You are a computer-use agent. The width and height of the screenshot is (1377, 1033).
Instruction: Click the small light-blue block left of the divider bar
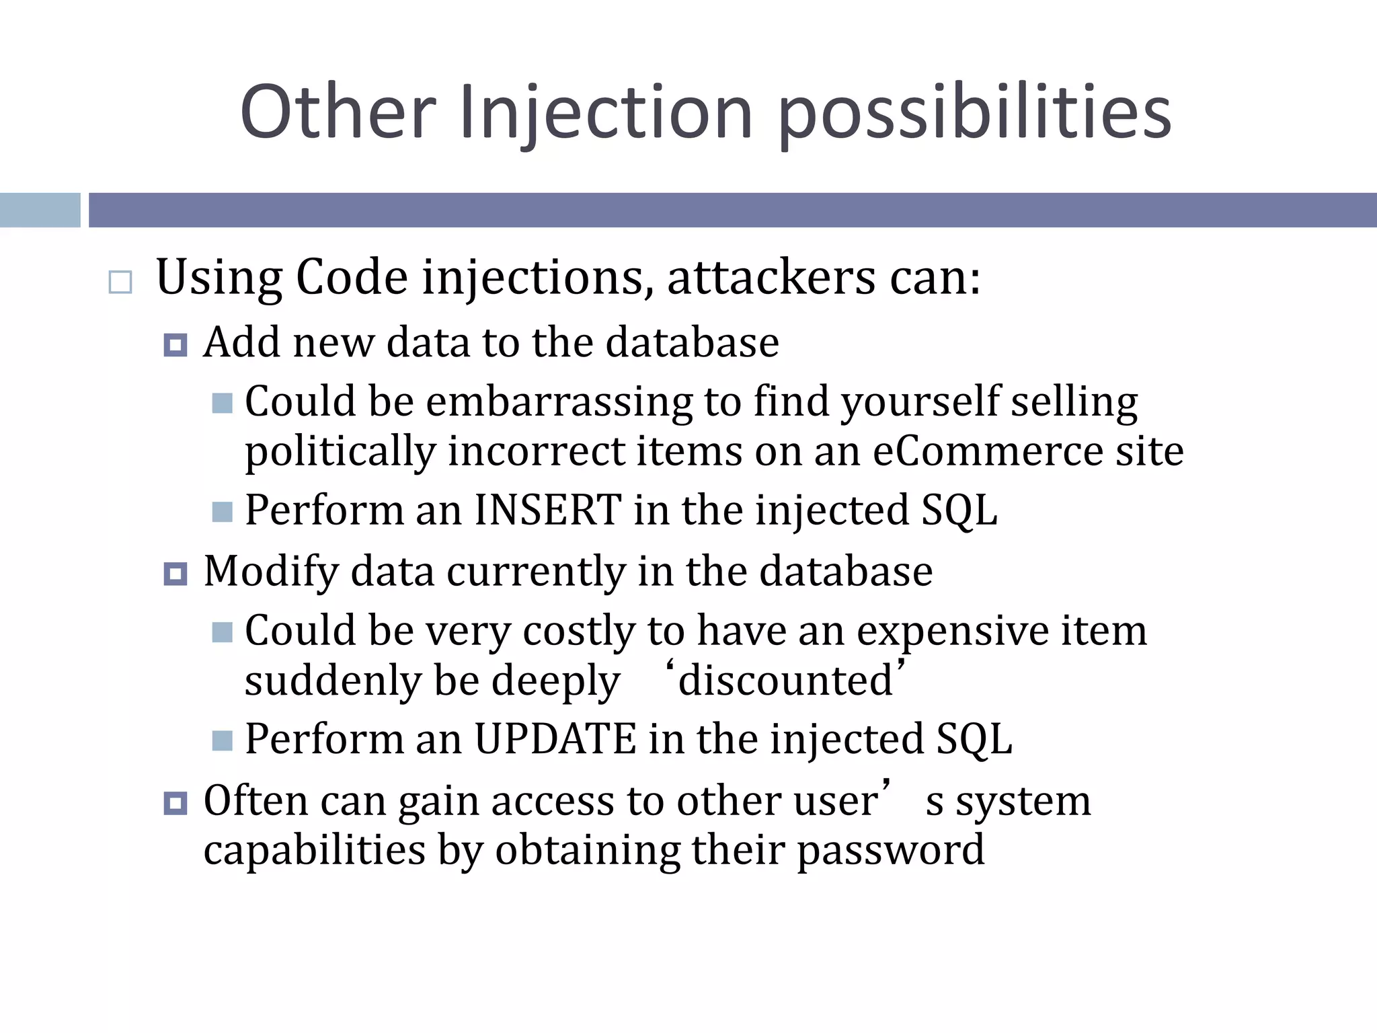click(40, 210)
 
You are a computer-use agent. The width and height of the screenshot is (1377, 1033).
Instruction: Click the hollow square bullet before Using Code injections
click(120, 282)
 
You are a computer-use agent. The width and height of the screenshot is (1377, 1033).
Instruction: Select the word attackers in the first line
click(771, 277)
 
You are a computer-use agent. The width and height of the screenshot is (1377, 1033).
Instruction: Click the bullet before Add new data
click(175, 346)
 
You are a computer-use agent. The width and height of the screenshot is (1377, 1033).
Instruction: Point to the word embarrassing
click(559, 401)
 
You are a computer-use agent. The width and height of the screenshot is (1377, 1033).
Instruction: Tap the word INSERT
click(548, 510)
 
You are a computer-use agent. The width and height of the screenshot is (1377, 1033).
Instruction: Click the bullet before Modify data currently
click(175, 574)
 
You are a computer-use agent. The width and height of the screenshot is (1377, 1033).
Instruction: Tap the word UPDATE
click(555, 738)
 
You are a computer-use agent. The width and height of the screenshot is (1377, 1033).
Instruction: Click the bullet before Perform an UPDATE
click(222, 741)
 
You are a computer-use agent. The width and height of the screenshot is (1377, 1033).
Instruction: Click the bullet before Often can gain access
click(175, 803)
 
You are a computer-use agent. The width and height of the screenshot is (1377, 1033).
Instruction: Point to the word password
click(890, 850)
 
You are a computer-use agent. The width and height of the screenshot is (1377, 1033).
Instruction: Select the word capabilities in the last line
click(315, 850)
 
